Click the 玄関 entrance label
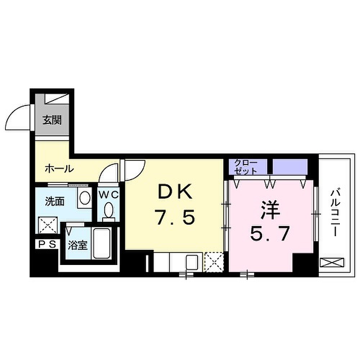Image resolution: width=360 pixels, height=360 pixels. click(x=52, y=120)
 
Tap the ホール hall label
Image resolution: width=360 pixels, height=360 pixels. click(x=59, y=169)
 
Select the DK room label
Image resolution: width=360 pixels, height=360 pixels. click(x=175, y=192)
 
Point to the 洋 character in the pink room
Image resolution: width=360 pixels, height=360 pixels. click(x=270, y=210)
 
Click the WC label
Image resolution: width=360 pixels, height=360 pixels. click(x=109, y=195)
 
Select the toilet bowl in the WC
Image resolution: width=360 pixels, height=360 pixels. click(x=109, y=210)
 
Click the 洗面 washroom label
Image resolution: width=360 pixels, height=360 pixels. click(x=55, y=202)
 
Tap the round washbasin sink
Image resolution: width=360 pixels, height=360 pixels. click(x=85, y=198)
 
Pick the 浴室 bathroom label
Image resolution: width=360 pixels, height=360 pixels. click(x=78, y=246)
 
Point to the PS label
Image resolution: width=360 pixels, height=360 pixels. click(x=47, y=244)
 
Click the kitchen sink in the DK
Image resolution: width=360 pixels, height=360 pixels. click(x=192, y=262)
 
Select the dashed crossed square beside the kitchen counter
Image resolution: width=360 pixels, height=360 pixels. click(x=214, y=262)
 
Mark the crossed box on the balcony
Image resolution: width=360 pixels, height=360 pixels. click(x=332, y=262)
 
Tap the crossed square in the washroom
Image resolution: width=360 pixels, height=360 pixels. click(x=48, y=225)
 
